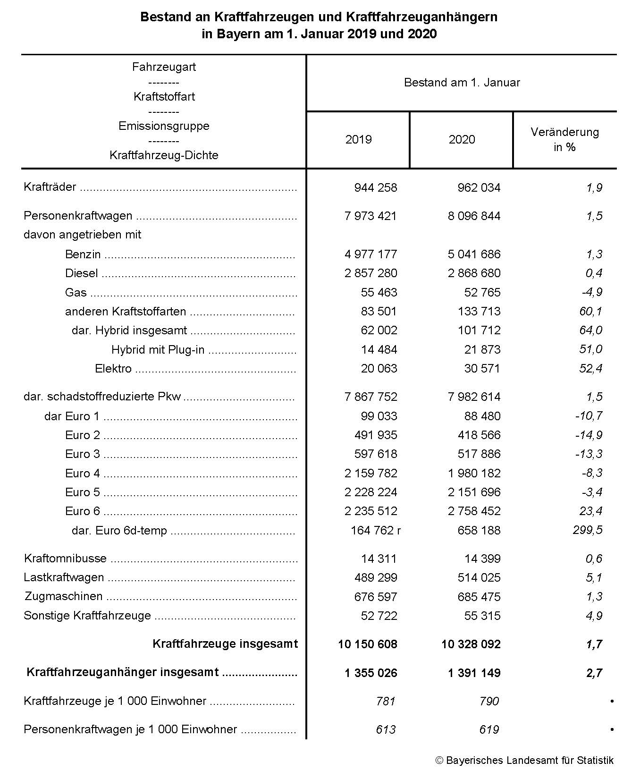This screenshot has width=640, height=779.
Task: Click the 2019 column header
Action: [x=358, y=139]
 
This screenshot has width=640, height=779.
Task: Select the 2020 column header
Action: [x=462, y=139]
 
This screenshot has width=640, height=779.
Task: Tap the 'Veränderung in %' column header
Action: [x=564, y=139]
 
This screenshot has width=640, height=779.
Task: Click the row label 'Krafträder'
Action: [x=50, y=187]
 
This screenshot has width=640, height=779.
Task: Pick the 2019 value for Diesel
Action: [x=371, y=273]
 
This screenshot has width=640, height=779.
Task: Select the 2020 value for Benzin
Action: [x=474, y=254]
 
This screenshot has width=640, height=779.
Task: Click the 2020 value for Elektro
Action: [x=482, y=368]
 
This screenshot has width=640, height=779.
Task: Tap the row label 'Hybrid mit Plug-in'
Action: [x=158, y=349]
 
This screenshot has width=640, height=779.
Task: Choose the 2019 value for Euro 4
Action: [x=371, y=473]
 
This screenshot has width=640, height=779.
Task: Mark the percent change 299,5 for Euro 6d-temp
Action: [x=588, y=530]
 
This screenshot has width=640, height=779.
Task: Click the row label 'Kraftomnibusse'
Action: [x=65, y=559]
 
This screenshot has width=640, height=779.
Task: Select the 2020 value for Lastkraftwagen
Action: [x=479, y=577]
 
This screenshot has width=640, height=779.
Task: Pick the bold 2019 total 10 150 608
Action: [x=367, y=644]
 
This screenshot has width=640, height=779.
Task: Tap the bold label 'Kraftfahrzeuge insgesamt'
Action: [x=225, y=644]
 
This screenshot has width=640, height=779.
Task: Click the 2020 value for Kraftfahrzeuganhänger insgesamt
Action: [x=474, y=673]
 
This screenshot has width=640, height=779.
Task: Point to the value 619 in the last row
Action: [x=489, y=729]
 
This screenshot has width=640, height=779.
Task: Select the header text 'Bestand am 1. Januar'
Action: [x=462, y=83]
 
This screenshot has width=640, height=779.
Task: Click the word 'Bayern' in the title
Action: [x=235, y=34]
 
